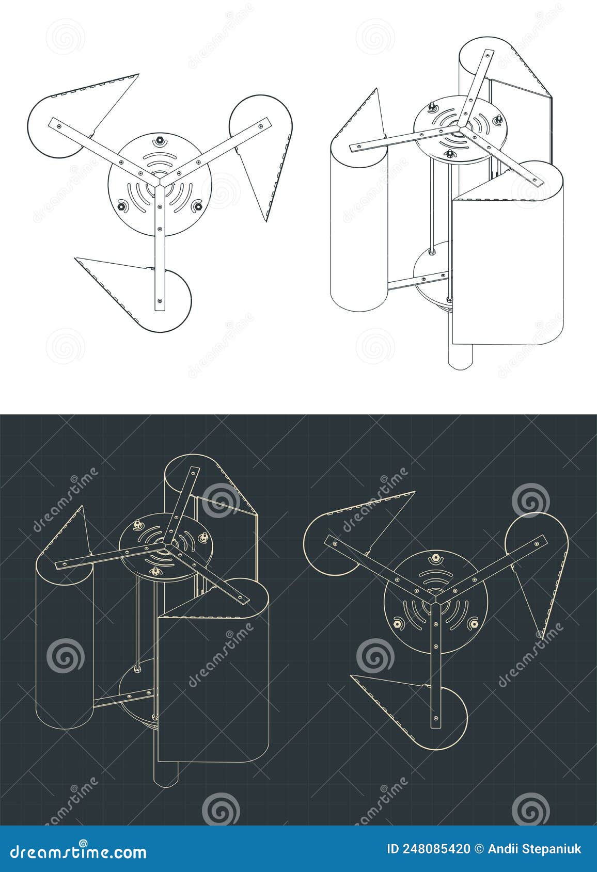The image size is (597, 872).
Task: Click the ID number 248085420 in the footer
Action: pyautogui.click(x=429, y=849)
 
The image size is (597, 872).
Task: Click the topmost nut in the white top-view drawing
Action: pyautogui.click(x=160, y=140)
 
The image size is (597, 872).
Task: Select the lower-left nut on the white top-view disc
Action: pyautogui.click(x=122, y=206)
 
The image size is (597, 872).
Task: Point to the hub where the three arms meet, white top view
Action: pyautogui.click(x=160, y=182)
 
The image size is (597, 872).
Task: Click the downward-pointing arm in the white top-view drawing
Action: pyautogui.click(x=160, y=248)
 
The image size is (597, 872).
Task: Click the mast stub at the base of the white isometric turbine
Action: pyautogui.click(x=460, y=356)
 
